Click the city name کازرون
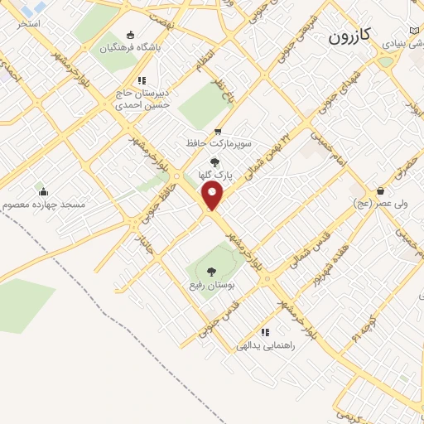[x=353, y=36]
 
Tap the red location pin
[x=213, y=196]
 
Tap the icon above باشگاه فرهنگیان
[x=130, y=34]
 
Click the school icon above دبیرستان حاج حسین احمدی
[x=142, y=81]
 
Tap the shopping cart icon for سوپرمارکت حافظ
[x=218, y=131]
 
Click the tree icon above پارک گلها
[x=216, y=162]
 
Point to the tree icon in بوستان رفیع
[x=210, y=271]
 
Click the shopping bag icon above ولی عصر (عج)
[x=380, y=190]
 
